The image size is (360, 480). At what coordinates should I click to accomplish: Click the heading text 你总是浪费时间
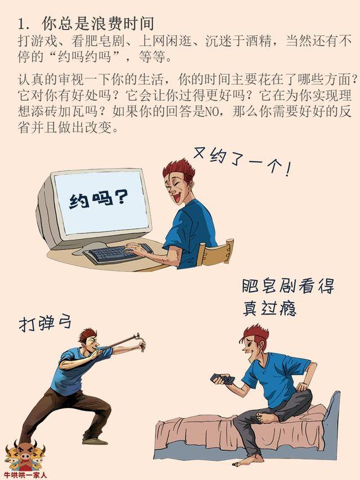click(x=98, y=24)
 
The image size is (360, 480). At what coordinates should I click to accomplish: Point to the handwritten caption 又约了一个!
click(x=242, y=162)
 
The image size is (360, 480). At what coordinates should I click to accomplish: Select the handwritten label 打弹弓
click(x=45, y=323)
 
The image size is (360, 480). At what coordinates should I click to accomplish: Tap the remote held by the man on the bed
click(x=223, y=379)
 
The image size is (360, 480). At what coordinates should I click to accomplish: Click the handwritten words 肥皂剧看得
click(x=288, y=286)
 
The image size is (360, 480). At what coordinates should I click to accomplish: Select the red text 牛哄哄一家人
click(x=26, y=475)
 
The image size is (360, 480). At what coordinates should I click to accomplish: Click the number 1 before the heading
click(x=22, y=25)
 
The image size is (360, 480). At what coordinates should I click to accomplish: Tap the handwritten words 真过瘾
click(x=269, y=308)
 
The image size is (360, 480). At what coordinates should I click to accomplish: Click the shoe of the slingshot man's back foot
click(x=94, y=441)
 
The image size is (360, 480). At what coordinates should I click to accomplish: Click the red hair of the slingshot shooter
click(x=88, y=334)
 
